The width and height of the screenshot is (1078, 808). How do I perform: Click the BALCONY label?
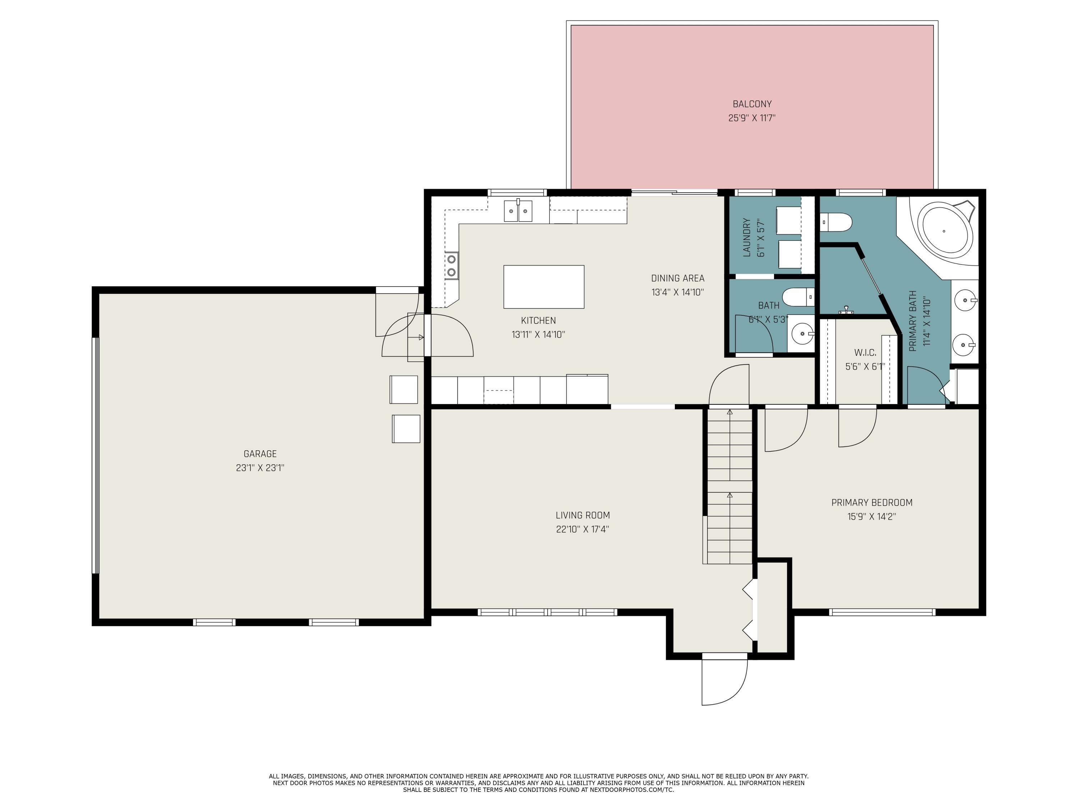[752, 104]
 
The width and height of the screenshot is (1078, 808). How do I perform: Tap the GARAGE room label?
[260, 454]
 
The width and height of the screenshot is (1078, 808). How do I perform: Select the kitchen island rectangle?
[544, 287]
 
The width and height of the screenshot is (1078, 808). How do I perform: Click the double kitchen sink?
[518, 211]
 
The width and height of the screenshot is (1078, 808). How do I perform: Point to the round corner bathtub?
[944, 231]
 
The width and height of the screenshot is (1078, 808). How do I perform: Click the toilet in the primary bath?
[836, 222]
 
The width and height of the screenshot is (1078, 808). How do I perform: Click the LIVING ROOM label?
[583, 515]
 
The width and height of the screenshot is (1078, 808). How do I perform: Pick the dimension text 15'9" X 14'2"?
[872, 517]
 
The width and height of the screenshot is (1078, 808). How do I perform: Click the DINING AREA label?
[678, 279]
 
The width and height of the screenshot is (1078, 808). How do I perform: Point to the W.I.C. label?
[865, 353]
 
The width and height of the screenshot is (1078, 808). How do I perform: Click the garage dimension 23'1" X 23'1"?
[260, 468]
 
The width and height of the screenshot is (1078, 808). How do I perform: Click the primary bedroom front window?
[883, 612]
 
